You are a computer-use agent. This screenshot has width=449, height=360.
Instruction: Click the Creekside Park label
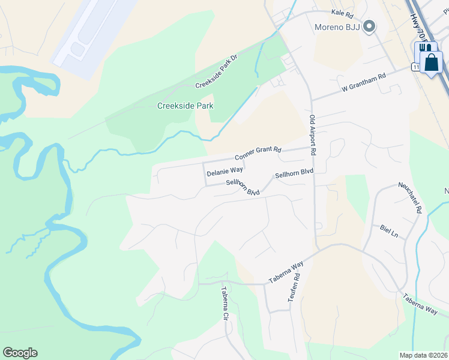click(185, 106)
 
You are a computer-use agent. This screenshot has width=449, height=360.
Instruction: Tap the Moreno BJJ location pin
click(370, 26)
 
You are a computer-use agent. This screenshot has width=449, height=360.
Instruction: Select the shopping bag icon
click(431, 61)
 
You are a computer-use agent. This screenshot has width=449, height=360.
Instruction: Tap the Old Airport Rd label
click(313, 136)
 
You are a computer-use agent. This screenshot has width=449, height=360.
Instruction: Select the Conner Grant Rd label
click(258, 153)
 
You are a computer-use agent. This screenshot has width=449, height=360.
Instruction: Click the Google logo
click(20, 353)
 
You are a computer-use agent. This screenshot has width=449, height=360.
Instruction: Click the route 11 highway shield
click(415, 67)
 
